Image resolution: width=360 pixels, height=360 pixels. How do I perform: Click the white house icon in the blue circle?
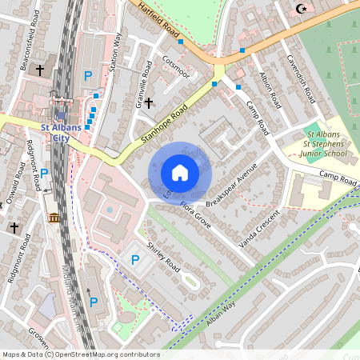180,173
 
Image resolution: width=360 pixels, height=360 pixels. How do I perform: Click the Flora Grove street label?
196,215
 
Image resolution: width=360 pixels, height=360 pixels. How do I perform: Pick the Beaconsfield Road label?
27,39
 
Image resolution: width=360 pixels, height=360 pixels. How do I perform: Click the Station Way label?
116,51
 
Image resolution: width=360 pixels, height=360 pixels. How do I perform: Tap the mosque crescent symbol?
301,9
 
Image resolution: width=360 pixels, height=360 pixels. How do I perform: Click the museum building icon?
54,218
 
